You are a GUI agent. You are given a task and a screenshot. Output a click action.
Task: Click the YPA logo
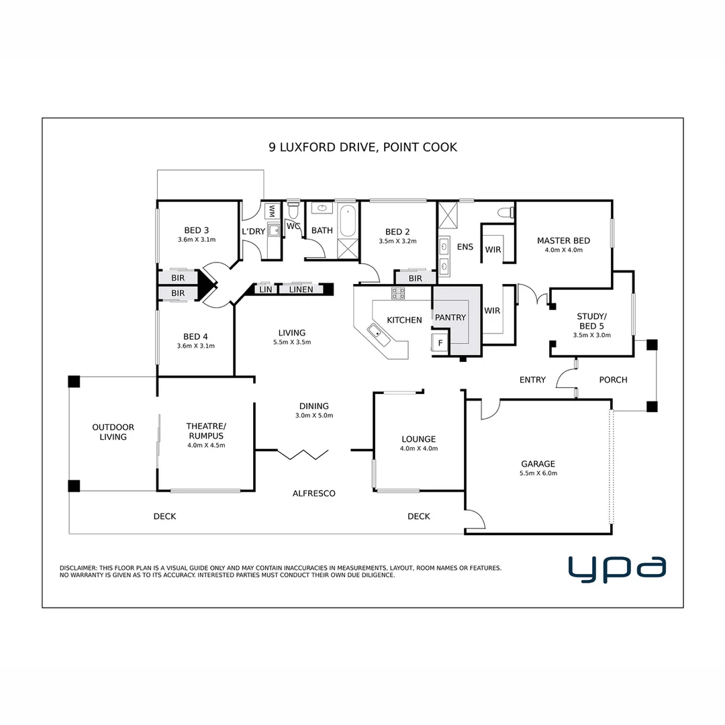pos(617,568)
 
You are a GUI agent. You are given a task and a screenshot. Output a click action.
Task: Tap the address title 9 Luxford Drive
pos(362,147)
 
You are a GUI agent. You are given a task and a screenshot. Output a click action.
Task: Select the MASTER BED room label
pos(563,240)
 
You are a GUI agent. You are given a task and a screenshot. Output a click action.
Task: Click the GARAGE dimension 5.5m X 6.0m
pos(538,473)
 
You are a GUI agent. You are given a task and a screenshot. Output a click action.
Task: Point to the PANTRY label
pos(450,318)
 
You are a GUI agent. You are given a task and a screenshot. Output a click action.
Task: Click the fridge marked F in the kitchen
pos(440,342)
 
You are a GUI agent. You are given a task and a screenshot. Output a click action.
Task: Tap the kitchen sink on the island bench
pos(375,330)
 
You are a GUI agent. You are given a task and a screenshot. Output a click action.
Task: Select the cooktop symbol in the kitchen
pos(398,293)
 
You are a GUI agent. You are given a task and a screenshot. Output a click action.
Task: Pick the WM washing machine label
pos(272,211)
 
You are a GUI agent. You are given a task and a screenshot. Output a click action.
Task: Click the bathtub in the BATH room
pos(348,221)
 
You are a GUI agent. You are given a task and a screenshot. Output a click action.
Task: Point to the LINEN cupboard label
pos(300,289)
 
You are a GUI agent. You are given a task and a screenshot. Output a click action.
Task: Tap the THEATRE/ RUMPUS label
pos(206,430)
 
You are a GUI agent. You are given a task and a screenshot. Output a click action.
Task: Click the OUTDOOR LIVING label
pos(113,432)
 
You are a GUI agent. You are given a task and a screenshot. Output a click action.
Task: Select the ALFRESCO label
pos(313,493)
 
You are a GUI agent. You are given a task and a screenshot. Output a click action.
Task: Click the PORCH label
pos(613,380)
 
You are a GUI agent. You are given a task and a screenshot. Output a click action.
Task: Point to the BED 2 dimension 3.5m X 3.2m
pos(397,241)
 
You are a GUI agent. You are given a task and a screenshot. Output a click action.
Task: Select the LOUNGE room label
pos(419,440)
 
